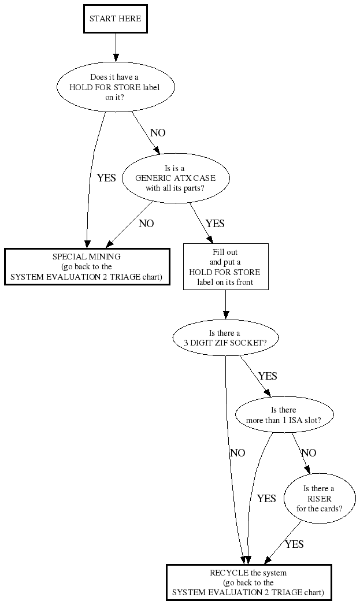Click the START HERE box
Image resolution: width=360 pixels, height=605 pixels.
[x=116, y=19]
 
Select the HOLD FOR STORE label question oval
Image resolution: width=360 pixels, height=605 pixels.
[x=116, y=87]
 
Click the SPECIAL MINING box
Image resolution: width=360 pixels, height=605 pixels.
[x=87, y=266]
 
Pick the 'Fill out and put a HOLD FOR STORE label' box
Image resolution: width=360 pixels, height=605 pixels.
[x=225, y=266]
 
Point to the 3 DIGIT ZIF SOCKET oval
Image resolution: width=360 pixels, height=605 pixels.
[x=225, y=337]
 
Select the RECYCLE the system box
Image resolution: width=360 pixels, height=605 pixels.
[x=248, y=582]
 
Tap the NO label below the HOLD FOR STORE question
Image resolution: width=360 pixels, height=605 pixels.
[x=158, y=133]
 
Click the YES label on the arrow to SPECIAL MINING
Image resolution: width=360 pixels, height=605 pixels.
[x=106, y=178]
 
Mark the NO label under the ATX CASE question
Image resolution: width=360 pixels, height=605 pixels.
[x=146, y=224]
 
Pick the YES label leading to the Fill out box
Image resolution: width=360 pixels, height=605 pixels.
[x=215, y=224]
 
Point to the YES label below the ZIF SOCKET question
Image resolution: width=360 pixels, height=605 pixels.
[x=268, y=376]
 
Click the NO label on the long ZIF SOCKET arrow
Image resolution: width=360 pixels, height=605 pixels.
[x=237, y=453]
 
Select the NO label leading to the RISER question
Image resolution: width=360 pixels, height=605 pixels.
[x=309, y=453]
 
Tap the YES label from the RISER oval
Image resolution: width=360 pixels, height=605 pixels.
[x=294, y=544]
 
